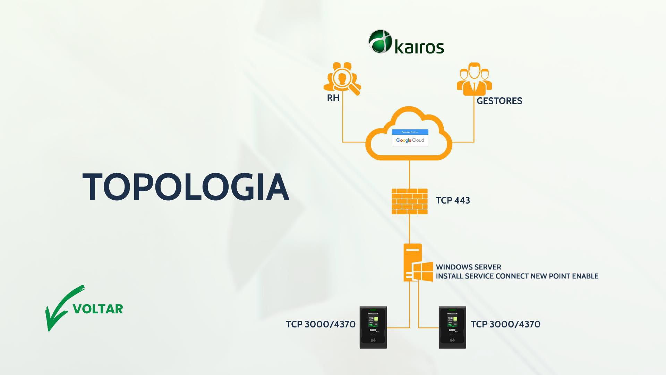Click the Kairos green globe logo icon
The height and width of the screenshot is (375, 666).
tap(381, 41)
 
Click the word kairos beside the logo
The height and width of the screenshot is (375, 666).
tap(419, 47)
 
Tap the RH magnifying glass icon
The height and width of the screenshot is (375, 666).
tap(342, 79)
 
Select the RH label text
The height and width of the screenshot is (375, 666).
tap(333, 98)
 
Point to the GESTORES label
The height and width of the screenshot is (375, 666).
tap(499, 101)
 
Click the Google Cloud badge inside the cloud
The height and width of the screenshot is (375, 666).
tap(410, 138)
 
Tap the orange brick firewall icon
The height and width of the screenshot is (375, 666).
tap(410, 201)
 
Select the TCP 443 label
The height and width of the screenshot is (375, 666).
tap(453, 201)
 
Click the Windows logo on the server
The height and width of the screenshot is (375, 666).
tap(423, 272)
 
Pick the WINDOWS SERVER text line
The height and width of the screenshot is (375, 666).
tap(468, 267)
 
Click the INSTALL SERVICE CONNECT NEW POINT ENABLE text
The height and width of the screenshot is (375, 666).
tap(517, 276)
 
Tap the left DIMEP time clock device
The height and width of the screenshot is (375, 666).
tap(373, 327)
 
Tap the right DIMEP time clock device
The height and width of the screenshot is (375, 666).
tap(452, 327)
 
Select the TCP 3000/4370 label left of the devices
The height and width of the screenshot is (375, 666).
tap(321, 324)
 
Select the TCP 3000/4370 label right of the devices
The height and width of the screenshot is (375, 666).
tap(505, 324)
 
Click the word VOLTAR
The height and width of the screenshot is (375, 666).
tap(98, 309)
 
